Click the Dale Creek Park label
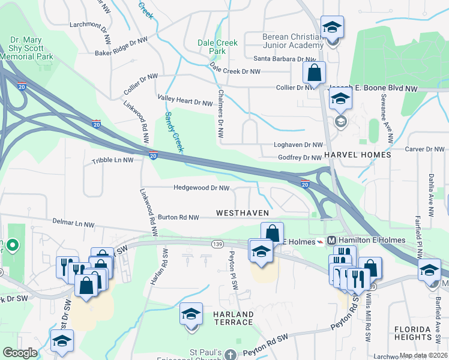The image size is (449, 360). click(x=218, y=47)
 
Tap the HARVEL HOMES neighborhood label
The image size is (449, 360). click(x=357, y=155)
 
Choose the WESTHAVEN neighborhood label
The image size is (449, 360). click(x=242, y=213)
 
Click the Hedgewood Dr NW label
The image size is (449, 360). click(x=201, y=188)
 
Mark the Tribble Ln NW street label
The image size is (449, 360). click(x=112, y=161)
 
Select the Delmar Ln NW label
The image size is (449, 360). click(x=74, y=224)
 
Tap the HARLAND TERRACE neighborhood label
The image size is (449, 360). click(x=232, y=318)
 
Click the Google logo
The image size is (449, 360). click(x=20, y=353)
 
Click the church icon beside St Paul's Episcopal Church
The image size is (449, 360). click(x=231, y=355)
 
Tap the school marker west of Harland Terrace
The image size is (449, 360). click(x=191, y=315)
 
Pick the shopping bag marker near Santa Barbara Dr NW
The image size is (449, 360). click(x=314, y=74)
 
